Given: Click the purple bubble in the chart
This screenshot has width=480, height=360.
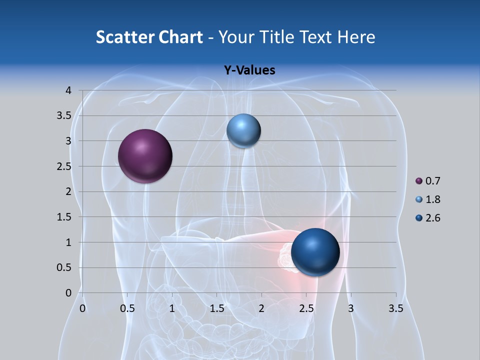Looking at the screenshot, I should (x=145, y=156).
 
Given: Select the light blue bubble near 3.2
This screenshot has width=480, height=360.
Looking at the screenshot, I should (x=243, y=131).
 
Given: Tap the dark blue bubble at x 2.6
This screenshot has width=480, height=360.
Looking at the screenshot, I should (x=315, y=252).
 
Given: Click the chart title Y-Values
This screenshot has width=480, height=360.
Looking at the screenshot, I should (x=249, y=70).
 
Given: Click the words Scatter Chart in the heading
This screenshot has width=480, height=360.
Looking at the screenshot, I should (x=149, y=37).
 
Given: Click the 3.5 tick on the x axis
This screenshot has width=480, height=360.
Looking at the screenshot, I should (x=396, y=308).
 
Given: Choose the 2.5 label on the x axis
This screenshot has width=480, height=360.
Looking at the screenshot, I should (x=306, y=308).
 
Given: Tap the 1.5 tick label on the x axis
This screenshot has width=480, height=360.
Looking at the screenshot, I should (x=216, y=308).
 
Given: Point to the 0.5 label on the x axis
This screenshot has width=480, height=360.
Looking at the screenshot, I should (x=127, y=308).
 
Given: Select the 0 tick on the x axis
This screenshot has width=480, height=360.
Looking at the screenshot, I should (x=82, y=308).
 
